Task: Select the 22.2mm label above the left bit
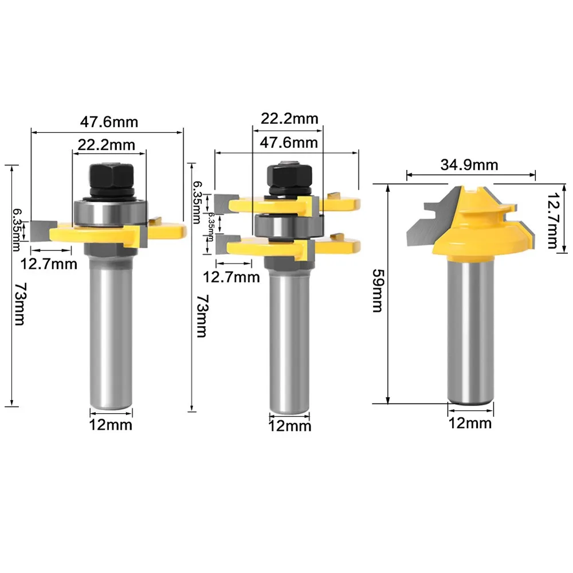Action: coord(107,144)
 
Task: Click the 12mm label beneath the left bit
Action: coord(111,425)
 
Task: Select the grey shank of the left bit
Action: coord(110,332)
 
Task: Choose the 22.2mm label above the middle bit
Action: coord(289,119)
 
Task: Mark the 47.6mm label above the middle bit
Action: coord(289,142)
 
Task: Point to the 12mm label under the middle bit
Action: coord(290,426)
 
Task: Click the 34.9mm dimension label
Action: coord(469,165)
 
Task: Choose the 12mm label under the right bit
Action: coord(470,423)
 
